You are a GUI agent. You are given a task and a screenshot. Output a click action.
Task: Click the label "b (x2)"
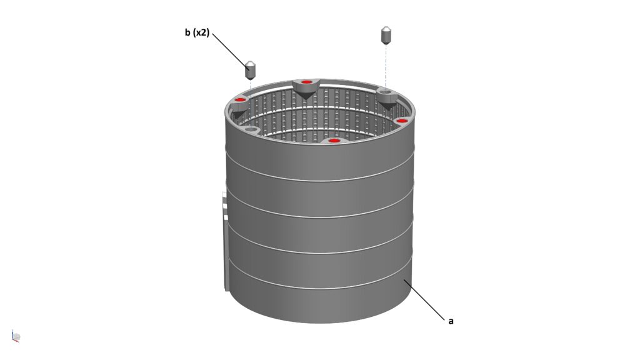(x=197, y=32)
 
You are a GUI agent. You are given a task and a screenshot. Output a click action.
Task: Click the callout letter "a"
(x=451, y=321)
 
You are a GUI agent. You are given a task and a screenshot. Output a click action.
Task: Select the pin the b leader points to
(x=250, y=70)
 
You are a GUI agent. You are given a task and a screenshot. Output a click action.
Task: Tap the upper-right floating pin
(x=386, y=35)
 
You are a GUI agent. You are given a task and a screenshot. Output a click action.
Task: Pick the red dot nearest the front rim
(x=334, y=141)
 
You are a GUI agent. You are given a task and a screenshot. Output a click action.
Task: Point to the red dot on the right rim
(x=402, y=121)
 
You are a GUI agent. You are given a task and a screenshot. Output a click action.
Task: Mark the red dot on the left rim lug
(x=241, y=100)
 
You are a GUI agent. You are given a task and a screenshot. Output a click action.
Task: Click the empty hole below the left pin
(x=252, y=130)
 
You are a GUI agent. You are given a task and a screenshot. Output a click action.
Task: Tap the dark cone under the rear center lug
(x=306, y=96)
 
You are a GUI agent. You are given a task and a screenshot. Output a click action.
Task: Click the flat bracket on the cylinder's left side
(x=225, y=241)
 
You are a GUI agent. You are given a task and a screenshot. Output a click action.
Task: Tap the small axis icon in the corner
(x=16, y=336)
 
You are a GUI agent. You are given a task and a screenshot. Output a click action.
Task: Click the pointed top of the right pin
(x=386, y=29)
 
